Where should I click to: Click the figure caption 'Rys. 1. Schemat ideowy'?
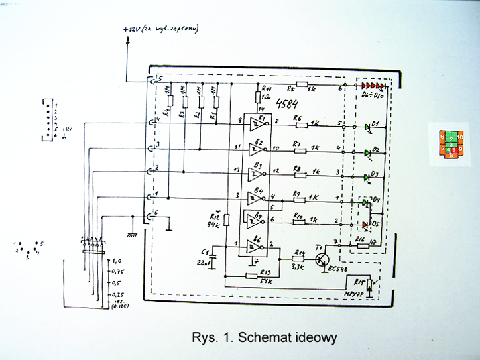[263, 338]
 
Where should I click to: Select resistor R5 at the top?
[302, 85]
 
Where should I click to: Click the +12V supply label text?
[160, 29]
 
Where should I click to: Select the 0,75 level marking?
[118, 271]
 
